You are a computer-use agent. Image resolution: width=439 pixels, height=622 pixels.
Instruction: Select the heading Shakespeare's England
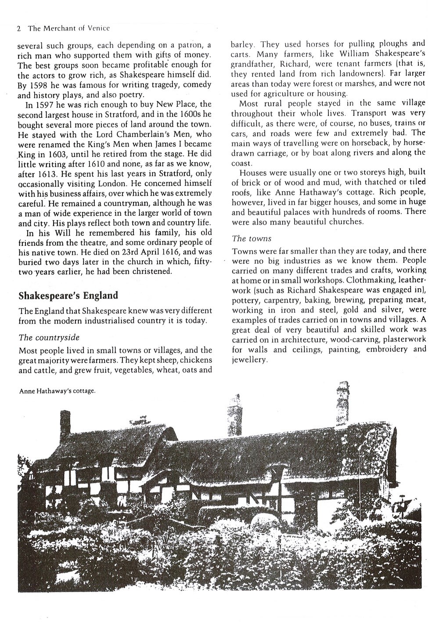click(68, 295)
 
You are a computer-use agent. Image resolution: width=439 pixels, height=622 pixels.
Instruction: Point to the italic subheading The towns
click(252, 238)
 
